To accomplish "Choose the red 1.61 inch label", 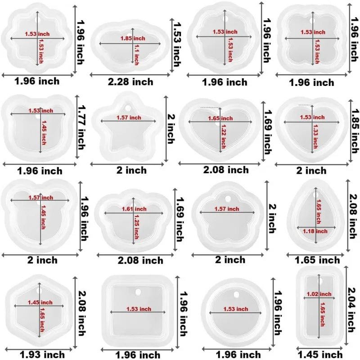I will (x=134, y=209).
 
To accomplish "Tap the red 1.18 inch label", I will (x=318, y=230).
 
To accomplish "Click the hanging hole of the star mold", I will (x=129, y=108).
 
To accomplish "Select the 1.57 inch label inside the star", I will (x=128, y=118).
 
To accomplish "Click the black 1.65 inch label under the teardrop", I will (x=317, y=260).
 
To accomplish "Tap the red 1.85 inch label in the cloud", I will (x=132, y=38).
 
